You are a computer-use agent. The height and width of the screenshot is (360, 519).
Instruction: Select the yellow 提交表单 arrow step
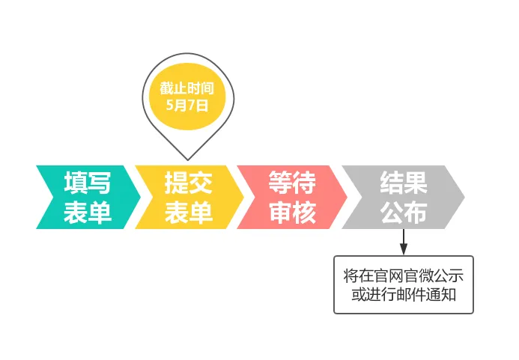pos(189,198)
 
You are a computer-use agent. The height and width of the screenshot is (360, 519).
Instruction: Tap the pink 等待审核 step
pos(292,198)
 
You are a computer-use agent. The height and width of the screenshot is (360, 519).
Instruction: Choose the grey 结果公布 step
pos(403,198)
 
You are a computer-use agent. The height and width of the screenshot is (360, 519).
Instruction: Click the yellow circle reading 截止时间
pos(187,97)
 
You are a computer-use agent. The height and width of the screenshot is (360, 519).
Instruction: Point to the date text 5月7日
pos(187,106)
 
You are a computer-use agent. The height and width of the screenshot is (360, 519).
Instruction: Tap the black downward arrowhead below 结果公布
pos(404,248)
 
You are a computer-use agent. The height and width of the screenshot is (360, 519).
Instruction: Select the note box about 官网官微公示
pos(404,284)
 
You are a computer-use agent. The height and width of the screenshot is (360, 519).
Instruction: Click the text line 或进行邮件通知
pos(404,294)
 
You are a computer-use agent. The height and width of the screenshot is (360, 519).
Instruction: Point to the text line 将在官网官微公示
pos(404,275)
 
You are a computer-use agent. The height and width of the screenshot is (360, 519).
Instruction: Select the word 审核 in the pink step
pos(292,213)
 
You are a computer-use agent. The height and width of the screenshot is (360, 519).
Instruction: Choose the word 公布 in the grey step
pos(403,213)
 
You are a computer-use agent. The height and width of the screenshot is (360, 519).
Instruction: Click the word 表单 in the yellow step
pos(189,213)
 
